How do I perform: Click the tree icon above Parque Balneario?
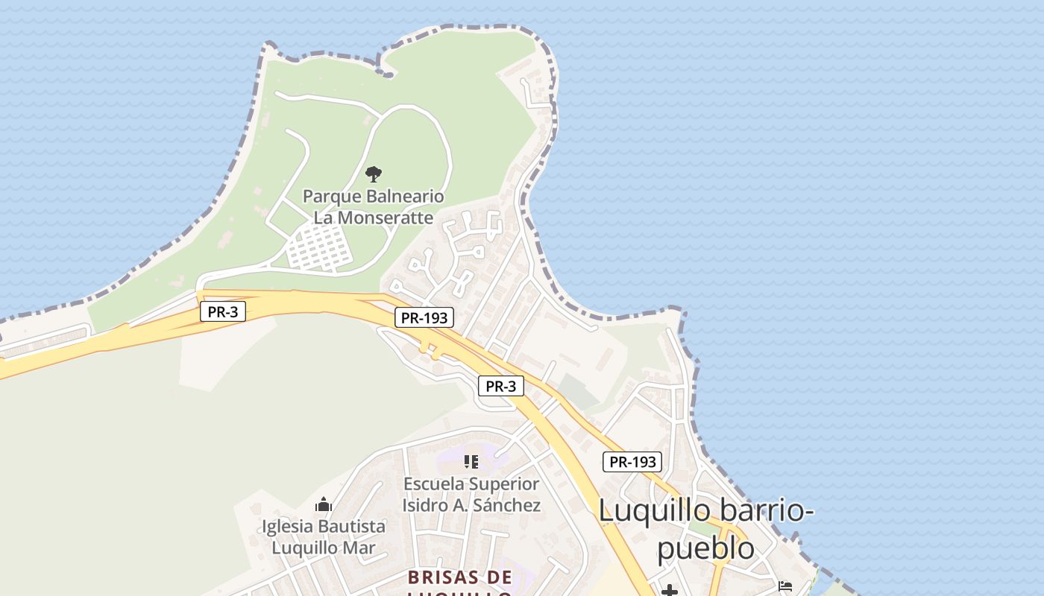(x=374, y=174)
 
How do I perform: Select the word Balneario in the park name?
(x=405, y=197)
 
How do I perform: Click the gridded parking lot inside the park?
(x=319, y=247)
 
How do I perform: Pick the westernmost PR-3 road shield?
(x=223, y=311)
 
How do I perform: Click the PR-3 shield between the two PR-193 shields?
(x=501, y=386)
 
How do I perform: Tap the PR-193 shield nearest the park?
(x=424, y=317)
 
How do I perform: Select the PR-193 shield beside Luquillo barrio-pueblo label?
(x=632, y=462)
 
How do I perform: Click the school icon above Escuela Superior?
(x=471, y=462)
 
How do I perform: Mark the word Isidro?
(x=426, y=504)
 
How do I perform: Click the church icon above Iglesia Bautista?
(x=323, y=505)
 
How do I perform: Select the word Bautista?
(x=353, y=526)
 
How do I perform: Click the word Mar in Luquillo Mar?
(x=359, y=548)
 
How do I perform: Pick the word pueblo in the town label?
(x=705, y=548)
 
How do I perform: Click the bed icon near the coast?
(x=784, y=587)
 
